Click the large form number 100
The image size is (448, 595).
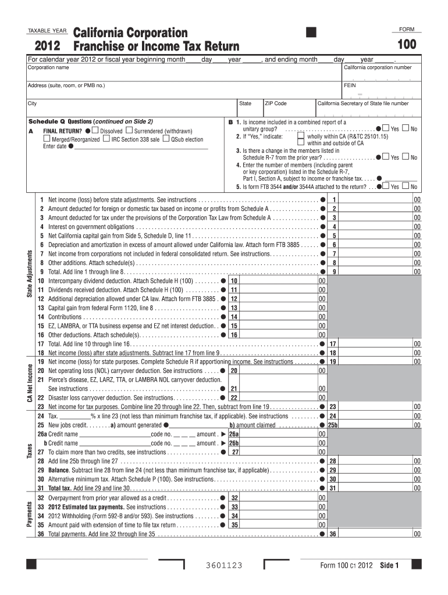coord(407,45)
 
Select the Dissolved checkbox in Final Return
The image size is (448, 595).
coord(96,131)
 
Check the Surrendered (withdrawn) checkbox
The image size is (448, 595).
coord(129,131)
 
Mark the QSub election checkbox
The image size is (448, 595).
coord(166,139)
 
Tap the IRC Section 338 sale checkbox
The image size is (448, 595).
coord(106,139)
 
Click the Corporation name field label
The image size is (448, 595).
coord(49,67)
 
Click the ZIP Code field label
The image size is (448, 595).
coord(276,103)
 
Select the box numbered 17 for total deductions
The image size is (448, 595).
coord(333,344)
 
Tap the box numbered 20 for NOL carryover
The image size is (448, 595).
coord(233,370)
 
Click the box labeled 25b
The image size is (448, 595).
coord(333,425)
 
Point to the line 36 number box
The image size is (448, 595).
coord(333,533)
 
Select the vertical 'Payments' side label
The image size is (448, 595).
coord(30,515)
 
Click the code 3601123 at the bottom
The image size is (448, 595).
coord(224,565)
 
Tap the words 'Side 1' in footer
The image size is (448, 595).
coord(389,565)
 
